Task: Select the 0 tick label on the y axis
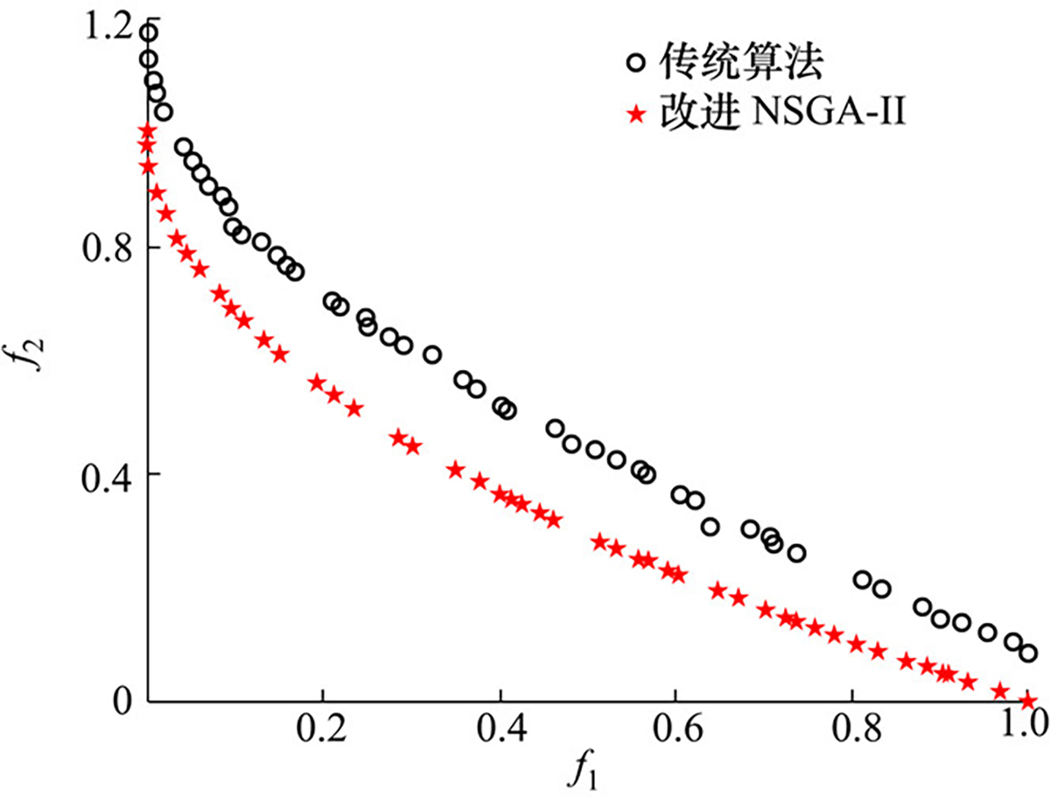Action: (122, 701)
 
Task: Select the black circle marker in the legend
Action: (636, 63)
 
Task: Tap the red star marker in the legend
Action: (636, 114)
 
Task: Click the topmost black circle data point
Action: (149, 33)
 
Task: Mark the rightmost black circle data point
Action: (1028, 653)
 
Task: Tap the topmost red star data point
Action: (147, 131)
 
